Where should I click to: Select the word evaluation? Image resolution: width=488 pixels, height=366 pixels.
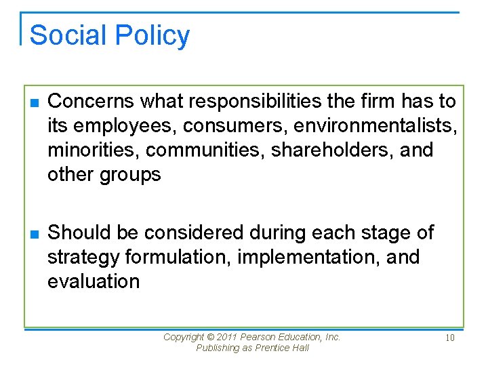[x=94, y=281]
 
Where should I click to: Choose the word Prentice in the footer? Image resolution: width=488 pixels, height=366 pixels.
[x=271, y=348]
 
